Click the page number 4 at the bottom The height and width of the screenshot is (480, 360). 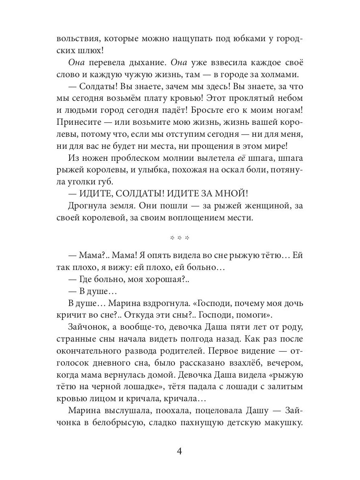(180, 452)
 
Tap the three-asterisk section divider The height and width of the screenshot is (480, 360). (180, 238)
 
